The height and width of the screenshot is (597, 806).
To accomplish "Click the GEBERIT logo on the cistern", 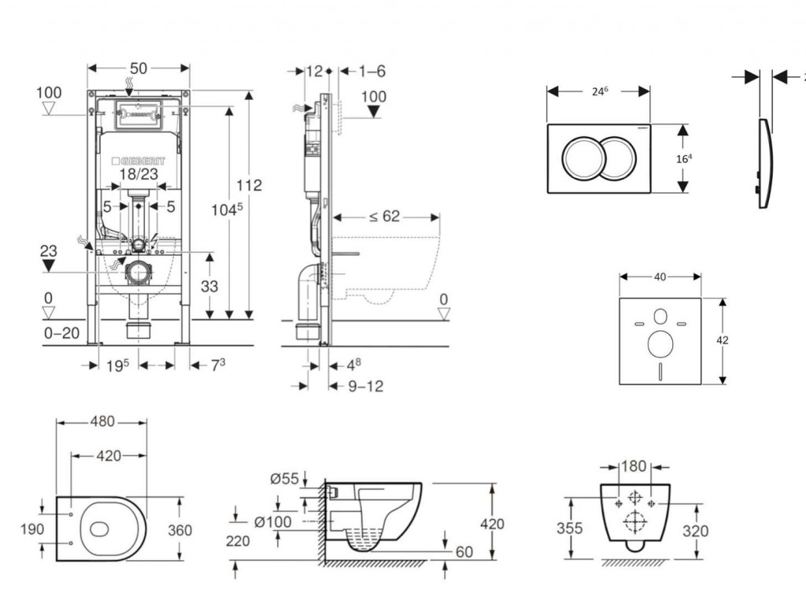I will (x=138, y=161).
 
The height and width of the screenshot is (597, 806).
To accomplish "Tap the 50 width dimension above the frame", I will (x=139, y=69).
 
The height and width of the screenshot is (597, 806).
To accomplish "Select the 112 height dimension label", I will (x=250, y=186).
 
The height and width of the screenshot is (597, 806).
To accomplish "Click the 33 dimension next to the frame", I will (x=209, y=287).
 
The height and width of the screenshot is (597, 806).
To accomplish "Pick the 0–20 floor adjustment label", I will (x=61, y=333).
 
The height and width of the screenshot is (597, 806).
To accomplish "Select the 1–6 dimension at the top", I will (x=372, y=71).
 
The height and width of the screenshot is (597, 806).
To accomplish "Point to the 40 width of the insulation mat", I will (x=660, y=276).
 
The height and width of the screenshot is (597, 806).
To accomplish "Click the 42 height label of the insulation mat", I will (x=723, y=340).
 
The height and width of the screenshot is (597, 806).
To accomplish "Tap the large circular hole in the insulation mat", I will (x=660, y=343).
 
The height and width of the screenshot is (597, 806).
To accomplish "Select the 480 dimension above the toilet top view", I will (x=101, y=421).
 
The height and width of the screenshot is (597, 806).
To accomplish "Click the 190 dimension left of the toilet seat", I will (x=32, y=529).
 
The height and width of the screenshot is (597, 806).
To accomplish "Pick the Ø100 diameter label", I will (x=273, y=521).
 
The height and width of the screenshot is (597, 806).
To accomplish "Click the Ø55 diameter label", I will (x=284, y=477).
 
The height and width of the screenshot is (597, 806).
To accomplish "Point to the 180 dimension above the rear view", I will (x=634, y=466).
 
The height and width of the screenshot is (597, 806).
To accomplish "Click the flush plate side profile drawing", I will (x=764, y=164).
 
